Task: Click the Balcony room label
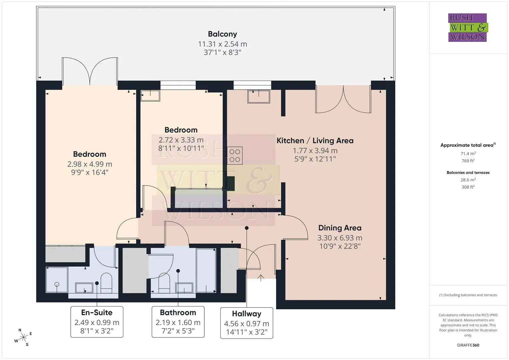(222, 34)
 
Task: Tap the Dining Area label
(340, 228)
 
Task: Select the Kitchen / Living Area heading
(315, 141)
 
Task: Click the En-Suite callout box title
(97, 313)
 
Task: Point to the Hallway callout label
(247, 314)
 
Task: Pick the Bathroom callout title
(178, 313)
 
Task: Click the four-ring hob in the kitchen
(235, 156)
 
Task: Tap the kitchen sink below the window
(259, 97)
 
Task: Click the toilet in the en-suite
(106, 283)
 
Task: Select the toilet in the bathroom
(164, 283)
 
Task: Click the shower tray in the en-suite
(57, 280)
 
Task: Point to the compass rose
(23, 337)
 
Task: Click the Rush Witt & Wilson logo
(468, 27)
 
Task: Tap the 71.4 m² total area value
(468, 154)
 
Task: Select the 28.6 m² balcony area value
(468, 180)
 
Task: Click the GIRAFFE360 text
(468, 345)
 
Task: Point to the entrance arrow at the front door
(261, 278)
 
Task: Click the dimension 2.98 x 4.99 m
(90, 164)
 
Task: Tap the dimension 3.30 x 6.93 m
(340, 238)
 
